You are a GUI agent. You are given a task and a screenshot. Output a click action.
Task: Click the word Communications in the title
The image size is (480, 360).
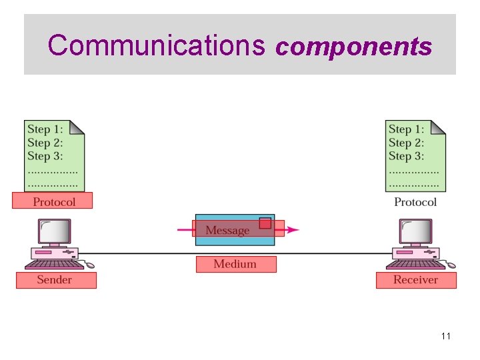pos(157,45)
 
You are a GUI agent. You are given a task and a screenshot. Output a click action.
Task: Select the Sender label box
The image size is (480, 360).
pos(56,280)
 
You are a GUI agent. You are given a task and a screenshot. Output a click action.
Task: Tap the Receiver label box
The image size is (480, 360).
pos(416,280)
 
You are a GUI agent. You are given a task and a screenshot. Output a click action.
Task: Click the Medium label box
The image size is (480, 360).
pos(235,264)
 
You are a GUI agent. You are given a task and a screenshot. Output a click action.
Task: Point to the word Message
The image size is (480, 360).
pos(227,230)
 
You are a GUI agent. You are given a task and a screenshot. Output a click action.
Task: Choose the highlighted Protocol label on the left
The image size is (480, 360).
pos(53,201)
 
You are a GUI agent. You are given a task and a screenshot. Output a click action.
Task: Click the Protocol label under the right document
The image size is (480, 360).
pos(415,202)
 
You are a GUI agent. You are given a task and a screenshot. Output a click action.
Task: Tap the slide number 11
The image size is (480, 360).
pos(446,336)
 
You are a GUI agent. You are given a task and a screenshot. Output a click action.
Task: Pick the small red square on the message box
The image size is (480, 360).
pos(265,223)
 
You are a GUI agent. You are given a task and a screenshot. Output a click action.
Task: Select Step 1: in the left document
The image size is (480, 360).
pos(45,129)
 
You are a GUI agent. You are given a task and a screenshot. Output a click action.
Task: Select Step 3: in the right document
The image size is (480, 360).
pos(406,156)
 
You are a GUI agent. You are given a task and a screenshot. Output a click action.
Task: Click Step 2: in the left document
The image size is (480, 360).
pos(45,143)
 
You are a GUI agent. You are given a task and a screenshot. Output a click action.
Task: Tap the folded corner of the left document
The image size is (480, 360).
pos(77,127)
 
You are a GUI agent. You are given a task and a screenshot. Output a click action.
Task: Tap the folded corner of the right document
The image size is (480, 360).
pos(439,127)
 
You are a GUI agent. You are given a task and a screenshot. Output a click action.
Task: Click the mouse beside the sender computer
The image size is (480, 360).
pos(89,265)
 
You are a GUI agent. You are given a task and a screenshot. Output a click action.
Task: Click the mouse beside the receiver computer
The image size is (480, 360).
pos(451,265)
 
